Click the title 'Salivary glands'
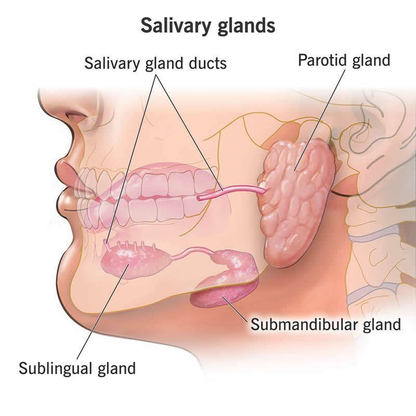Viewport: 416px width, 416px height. (207, 26)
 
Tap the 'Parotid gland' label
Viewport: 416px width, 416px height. (344, 60)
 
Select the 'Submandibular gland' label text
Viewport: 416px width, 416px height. (326, 324)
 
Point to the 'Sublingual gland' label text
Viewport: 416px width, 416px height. (77, 368)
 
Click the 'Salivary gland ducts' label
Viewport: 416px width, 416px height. (155, 63)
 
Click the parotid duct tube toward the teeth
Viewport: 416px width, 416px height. (231, 192)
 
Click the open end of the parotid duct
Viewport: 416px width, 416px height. (199, 198)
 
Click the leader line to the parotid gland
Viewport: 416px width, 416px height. (319, 120)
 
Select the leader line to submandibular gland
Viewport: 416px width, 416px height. (236, 309)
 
